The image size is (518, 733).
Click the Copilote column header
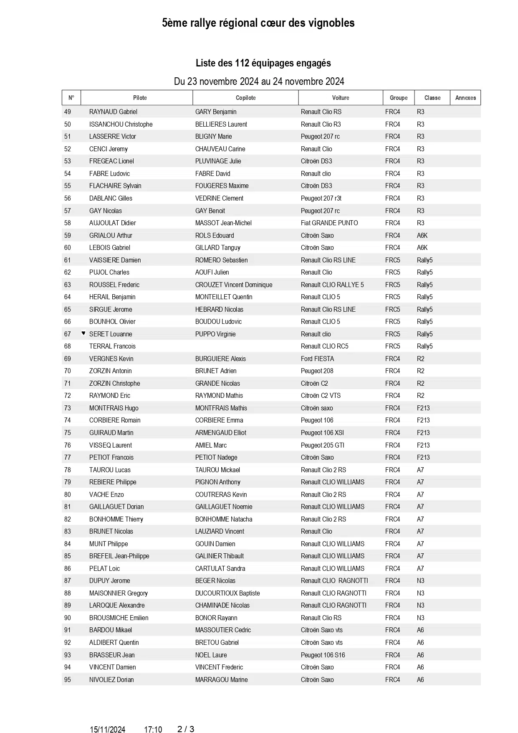[245, 98]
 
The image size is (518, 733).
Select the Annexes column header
[465, 98]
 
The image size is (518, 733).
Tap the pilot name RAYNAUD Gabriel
[113, 112]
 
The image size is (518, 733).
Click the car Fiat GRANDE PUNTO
[329, 223]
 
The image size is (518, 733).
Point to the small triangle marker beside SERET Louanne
[83, 333]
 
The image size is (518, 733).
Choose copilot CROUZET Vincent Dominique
[234, 285]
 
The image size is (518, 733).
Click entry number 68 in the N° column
[68, 346]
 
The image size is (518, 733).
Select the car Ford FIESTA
[317, 359]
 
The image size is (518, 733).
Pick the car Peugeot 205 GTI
[322, 445]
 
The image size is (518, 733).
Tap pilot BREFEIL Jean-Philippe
[119, 556]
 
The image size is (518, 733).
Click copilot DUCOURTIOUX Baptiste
[227, 593]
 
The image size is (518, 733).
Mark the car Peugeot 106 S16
[323, 655]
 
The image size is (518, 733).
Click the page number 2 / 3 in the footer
[186, 729]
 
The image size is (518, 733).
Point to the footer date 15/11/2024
[107, 730]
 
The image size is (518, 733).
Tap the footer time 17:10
[153, 730]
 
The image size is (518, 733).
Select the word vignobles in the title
[331, 23]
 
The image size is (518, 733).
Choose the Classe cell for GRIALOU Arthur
[422, 235]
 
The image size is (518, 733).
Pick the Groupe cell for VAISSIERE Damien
[392, 260]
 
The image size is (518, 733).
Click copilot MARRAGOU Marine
[221, 680]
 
